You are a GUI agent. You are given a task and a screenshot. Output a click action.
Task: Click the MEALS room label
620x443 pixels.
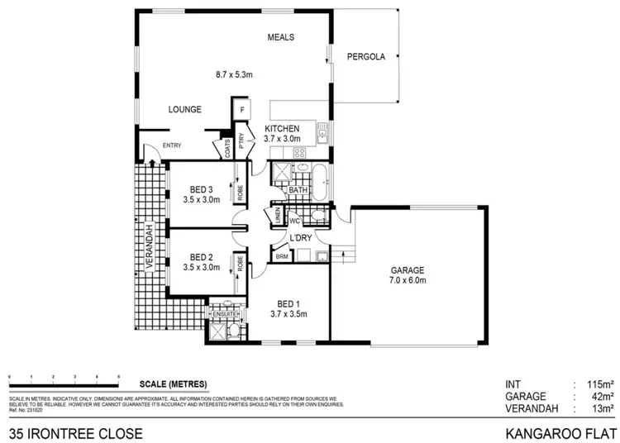point(281,38)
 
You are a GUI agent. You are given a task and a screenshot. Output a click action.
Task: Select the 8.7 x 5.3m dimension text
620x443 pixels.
point(234,74)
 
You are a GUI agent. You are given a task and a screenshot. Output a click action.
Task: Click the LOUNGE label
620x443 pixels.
point(185,109)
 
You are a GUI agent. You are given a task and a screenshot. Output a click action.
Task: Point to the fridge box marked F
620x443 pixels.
point(242,110)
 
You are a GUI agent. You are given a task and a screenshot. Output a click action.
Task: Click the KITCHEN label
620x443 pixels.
point(282,128)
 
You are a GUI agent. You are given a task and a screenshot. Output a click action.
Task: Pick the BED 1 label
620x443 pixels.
point(288,302)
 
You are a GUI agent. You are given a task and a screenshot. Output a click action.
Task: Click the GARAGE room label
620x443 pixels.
point(408,270)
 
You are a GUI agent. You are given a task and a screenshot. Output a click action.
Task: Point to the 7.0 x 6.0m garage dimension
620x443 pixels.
point(408,281)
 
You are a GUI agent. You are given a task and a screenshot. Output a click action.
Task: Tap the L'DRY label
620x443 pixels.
point(299,239)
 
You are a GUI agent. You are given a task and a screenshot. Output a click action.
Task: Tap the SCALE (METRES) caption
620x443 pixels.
point(173,383)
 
